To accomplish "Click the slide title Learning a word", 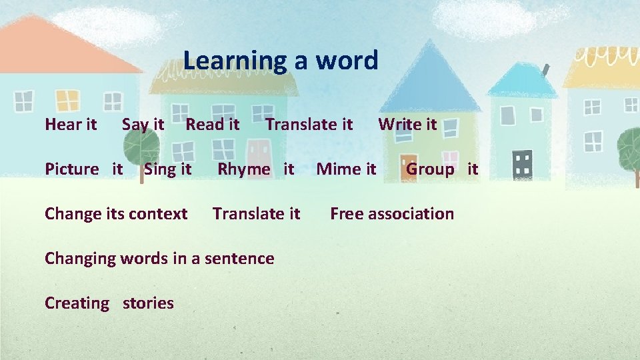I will coord(281,61).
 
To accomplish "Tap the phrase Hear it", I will coord(71,124).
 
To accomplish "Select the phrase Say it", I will coord(143,124).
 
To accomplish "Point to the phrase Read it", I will coord(212,124).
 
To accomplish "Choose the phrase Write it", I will coord(407,124).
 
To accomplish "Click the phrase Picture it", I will coord(83,169).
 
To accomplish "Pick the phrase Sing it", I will coord(167,169).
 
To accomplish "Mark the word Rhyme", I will coord(244,169).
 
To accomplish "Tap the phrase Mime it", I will coord(346,169).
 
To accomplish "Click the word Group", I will coord(430,169).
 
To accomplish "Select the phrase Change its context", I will coord(116,214).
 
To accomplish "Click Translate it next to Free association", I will coord(256,214).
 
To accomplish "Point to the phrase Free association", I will coord(392,214).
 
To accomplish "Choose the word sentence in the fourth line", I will coord(241,259).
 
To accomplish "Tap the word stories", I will coord(148,303).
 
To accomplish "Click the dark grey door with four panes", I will coord(524,163).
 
